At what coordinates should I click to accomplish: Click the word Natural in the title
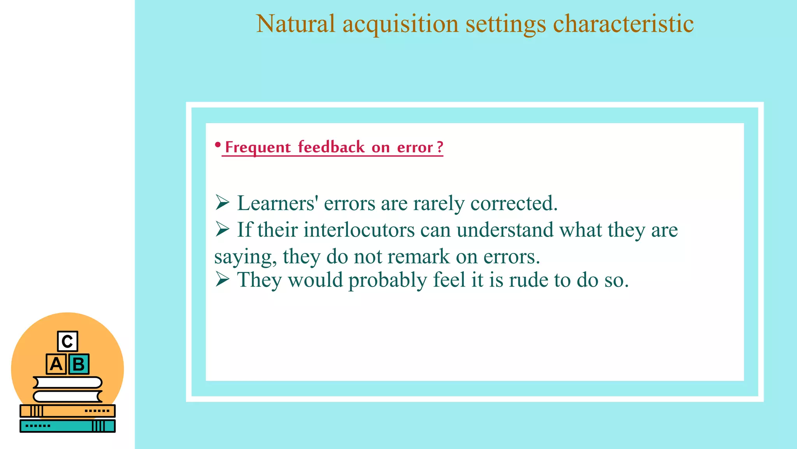point(295,24)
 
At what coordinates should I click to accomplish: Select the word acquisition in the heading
point(400,24)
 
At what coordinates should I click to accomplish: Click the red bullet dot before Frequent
point(218,145)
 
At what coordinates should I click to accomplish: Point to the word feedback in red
point(331,147)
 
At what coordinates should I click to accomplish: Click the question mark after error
point(440,147)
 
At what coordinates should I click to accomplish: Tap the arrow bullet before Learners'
point(222,203)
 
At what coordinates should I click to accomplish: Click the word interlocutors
point(359,230)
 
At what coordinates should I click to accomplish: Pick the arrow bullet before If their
point(222,229)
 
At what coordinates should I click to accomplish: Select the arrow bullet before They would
point(222,279)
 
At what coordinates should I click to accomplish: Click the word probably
point(388,281)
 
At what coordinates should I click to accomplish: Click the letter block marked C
point(67,341)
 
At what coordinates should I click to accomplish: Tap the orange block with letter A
point(56,364)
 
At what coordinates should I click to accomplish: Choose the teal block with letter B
point(79,364)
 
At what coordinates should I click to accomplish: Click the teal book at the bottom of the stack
point(67,426)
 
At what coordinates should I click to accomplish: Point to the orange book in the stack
point(67,411)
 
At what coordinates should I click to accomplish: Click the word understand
point(505,230)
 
